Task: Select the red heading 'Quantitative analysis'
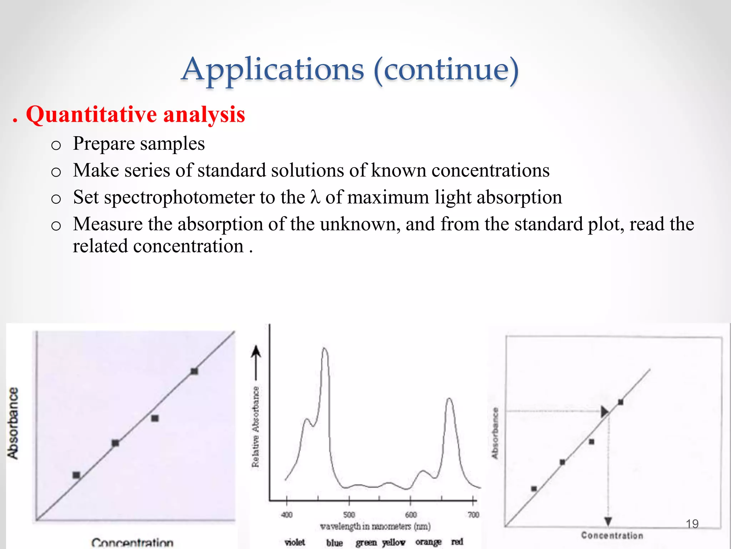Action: pos(135,115)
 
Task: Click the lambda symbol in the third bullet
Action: pos(314,197)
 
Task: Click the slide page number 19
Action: pos(692,524)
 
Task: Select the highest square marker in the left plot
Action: pos(194,371)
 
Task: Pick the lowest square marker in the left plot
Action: pos(76,475)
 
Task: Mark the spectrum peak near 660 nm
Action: pos(449,399)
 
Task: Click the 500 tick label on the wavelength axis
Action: pos(349,515)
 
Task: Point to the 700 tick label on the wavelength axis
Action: pos(473,515)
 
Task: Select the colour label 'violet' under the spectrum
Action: pos(295,542)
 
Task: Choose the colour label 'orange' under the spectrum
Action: pos(428,542)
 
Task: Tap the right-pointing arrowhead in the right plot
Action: pos(604,411)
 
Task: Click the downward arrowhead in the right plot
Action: pos(608,521)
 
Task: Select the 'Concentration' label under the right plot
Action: pos(612,535)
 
